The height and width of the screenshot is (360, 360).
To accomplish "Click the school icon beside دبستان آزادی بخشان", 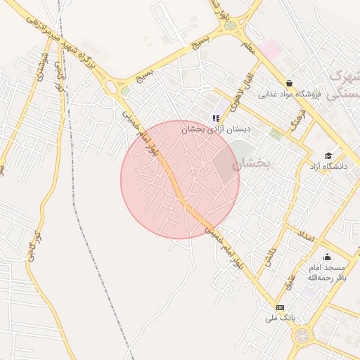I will [x=216, y=118].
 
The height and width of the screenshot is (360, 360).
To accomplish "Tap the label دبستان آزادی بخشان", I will [x=217, y=129].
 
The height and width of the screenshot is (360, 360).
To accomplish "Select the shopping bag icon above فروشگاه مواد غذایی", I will [x=289, y=83].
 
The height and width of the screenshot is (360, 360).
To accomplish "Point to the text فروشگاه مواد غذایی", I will [x=289, y=94].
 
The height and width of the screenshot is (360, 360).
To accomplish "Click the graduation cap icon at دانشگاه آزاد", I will [x=328, y=155].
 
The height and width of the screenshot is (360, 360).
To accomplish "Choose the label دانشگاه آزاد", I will [x=328, y=167].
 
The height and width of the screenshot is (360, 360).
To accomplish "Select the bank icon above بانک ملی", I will [x=281, y=307].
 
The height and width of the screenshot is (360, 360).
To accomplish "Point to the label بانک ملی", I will [x=278, y=318].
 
